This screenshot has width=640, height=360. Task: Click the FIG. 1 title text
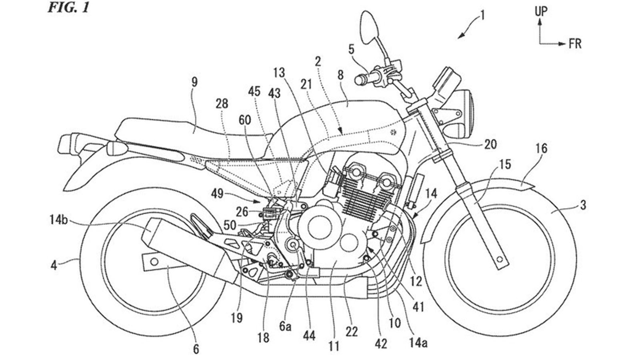tap(68, 8)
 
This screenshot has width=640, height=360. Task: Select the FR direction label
tap(575, 44)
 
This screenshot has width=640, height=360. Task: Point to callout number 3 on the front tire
tap(583, 206)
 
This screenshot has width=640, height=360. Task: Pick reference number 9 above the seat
tap(194, 83)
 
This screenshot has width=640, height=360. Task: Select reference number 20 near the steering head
tap(491, 144)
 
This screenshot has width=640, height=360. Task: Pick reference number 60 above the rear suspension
tap(246, 120)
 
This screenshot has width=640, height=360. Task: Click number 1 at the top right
tap(483, 16)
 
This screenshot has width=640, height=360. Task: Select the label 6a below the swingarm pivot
tap(285, 326)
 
